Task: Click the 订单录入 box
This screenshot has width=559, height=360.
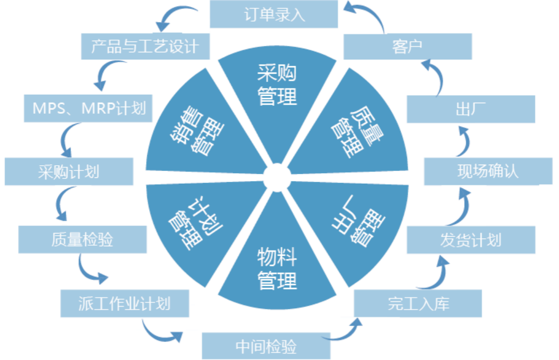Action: (x=274, y=14)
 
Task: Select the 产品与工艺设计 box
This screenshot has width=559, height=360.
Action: (x=146, y=47)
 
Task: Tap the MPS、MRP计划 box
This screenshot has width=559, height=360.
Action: (x=88, y=109)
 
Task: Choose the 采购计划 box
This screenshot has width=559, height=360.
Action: (x=69, y=172)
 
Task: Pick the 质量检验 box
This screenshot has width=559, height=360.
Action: (x=83, y=239)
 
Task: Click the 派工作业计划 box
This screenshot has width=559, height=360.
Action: (x=125, y=304)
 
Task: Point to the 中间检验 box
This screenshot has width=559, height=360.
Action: (x=266, y=346)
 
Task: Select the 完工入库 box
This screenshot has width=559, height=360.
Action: (x=418, y=303)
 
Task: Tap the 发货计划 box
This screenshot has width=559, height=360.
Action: (x=471, y=239)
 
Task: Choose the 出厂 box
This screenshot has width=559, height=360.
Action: (x=471, y=109)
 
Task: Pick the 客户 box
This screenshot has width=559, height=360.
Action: (x=408, y=47)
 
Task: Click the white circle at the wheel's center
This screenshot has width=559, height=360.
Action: (x=277, y=177)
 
